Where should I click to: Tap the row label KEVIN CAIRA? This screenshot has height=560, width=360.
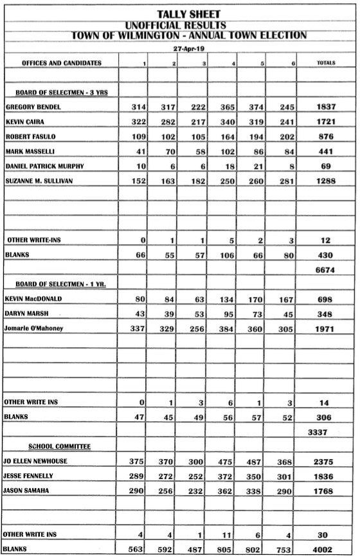tap(24, 121)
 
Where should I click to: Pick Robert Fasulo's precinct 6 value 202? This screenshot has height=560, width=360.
tap(283, 136)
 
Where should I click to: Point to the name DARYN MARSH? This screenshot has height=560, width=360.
tap(26, 314)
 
